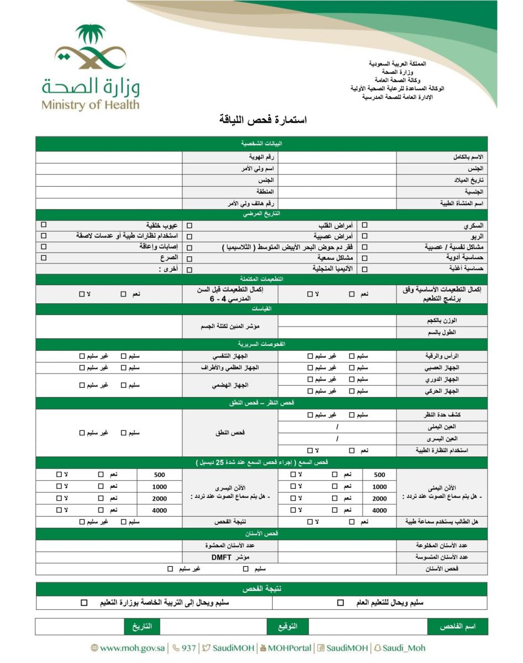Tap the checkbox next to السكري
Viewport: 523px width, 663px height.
point(364,226)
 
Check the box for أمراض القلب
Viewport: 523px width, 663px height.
point(190,226)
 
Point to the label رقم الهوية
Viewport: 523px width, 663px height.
point(261,157)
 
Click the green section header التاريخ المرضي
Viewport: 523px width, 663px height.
point(261,214)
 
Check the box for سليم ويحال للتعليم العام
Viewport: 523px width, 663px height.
point(341,603)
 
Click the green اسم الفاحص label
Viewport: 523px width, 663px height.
point(457,627)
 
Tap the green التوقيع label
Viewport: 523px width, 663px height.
point(287,627)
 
